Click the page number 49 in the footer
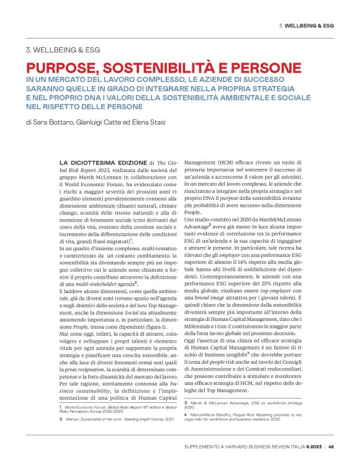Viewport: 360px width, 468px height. [x=331, y=446]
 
